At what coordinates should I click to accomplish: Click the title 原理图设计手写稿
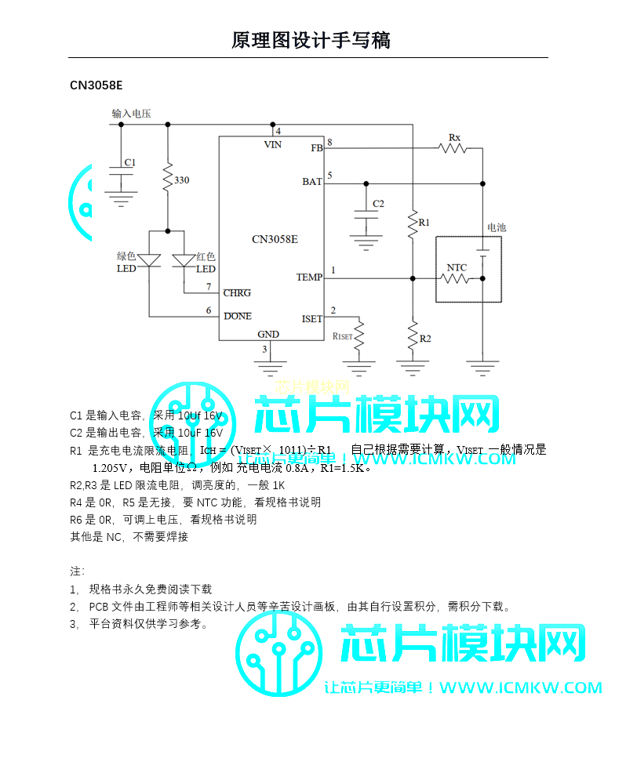tap(311, 40)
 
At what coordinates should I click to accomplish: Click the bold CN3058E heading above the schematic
tap(96, 85)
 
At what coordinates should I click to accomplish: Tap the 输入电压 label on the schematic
tap(131, 114)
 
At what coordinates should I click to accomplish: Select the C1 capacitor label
tap(130, 162)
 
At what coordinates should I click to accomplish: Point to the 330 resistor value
tap(181, 180)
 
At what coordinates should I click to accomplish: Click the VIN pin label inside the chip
tap(272, 145)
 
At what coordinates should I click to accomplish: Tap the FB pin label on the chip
tap(316, 147)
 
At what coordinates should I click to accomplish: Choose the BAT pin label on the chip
tap(311, 182)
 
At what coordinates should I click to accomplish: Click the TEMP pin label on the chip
tap(309, 277)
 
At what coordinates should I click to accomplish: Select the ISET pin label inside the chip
tap(311, 319)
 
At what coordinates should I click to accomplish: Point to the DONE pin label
tap(238, 316)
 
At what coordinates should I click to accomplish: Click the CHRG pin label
tap(237, 293)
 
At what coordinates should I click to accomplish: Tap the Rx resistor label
tap(454, 138)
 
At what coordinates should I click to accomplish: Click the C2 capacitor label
tap(378, 204)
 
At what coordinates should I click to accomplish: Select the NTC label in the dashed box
tap(457, 268)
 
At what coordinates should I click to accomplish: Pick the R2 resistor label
tap(425, 338)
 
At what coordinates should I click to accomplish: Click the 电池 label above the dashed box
tap(497, 227)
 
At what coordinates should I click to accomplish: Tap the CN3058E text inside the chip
tap(275, 240)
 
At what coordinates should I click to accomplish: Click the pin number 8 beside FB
tap(329, 142)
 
